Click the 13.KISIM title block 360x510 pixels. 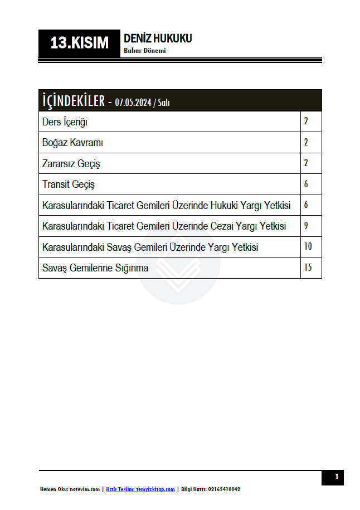79,43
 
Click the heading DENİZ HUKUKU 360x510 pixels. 158,38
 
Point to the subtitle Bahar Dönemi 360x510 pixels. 145,51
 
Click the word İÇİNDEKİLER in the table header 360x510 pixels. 74,101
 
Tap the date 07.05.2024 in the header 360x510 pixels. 134,102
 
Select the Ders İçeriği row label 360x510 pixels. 65,122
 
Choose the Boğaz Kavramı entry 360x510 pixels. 72,143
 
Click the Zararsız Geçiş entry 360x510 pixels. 71,164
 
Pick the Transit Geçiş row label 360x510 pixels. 69,184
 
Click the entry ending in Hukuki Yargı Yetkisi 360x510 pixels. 166,205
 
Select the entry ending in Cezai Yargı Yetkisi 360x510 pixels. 164,226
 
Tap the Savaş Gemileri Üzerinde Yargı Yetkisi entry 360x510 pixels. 150,247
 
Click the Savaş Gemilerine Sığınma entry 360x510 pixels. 95,268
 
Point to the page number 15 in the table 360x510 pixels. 308,268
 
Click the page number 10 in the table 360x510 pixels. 308,246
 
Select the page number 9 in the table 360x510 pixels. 306,226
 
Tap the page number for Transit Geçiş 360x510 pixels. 306,184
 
